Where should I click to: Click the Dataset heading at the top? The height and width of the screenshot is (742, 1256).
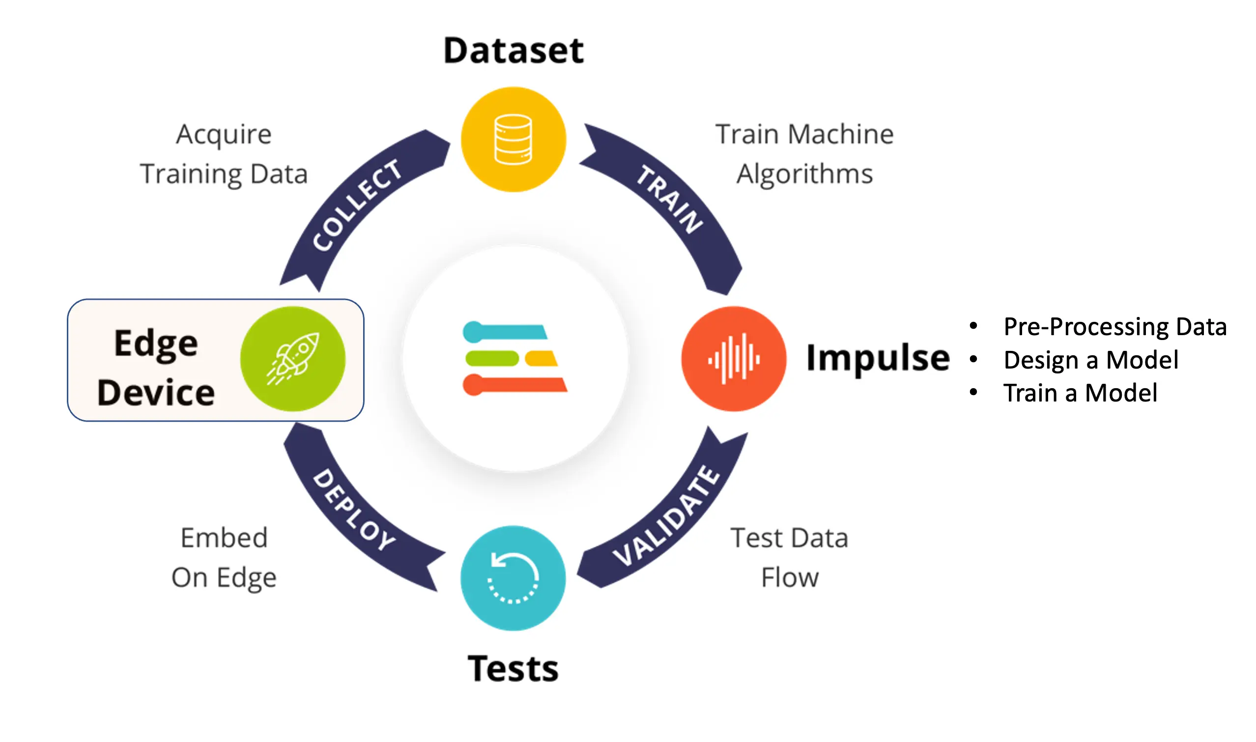tap(514, 51)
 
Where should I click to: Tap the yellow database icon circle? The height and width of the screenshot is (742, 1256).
tap(513, 140)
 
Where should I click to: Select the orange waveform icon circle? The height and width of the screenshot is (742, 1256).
tap(734, 359)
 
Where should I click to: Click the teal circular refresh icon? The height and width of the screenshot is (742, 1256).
tap(513, 578)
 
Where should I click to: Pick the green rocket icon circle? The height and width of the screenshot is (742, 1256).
tap(293, 359)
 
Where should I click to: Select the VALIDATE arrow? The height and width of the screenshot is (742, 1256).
tap(667, 515)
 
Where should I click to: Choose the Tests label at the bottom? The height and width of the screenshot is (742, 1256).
tap(513, 669)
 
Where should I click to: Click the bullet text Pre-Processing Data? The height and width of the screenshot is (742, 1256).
tap(1115, 327)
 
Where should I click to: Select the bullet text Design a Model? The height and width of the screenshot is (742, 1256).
tap(1091, 360)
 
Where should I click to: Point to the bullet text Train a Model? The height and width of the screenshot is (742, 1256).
tap(1080, 393)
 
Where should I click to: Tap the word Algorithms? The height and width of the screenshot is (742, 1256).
tap(804, 174)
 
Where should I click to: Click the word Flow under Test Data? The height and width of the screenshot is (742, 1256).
tap(790, 578)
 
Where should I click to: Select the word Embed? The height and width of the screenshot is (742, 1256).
tap(224, 538)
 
